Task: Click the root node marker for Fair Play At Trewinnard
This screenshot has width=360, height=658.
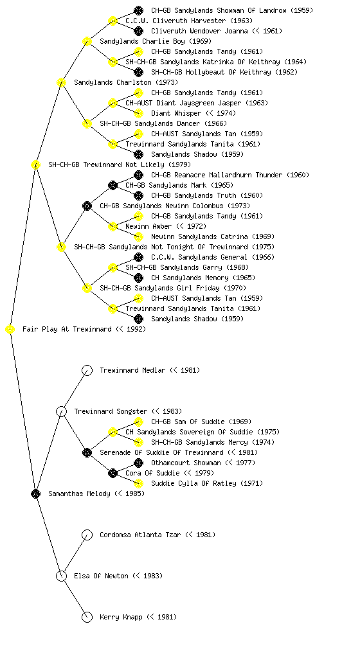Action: click(x=10, y=330)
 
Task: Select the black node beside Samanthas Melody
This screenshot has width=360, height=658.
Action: click(x=35, y=494)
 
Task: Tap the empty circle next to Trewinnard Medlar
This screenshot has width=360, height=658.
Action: click(x=87, y=371)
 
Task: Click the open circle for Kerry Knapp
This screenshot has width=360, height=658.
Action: click(x=87, y=618)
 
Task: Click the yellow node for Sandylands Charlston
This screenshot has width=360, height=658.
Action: click(x=61, y=83)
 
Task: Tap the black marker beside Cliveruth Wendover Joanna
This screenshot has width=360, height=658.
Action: click(x=138, y=31)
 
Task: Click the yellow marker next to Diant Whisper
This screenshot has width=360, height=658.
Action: click(x=138, y=113)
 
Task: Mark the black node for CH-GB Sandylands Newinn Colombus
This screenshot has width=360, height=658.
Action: click(x=87, y=206)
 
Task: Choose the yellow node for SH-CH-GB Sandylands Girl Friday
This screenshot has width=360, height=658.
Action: click(x=87, y=289)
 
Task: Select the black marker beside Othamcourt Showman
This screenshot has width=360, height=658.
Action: click(x=138, y=463)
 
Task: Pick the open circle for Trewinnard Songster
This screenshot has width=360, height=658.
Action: click(x=61, y=412)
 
